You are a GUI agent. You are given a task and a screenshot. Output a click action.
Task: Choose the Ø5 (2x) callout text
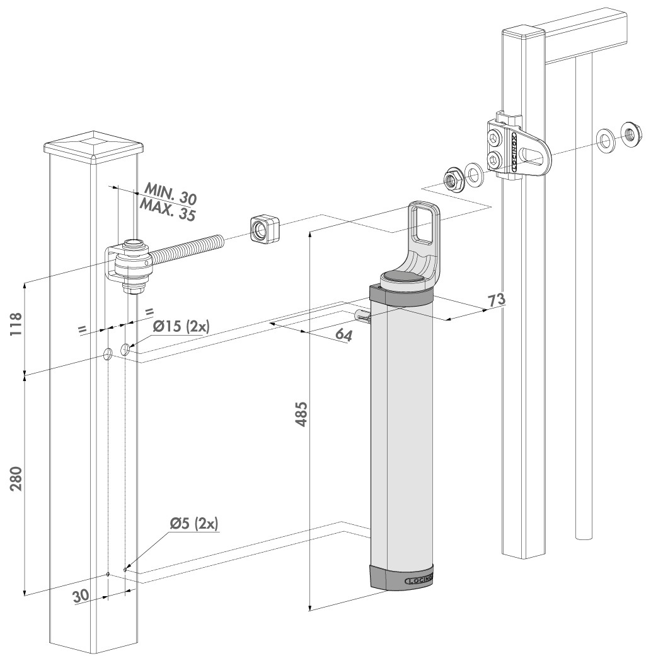click(193, 523)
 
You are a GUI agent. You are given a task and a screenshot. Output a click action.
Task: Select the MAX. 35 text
click(166, 208)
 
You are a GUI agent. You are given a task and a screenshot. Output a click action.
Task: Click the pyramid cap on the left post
click(93, 141)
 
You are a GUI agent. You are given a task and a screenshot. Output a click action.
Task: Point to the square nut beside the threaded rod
click(262, 228)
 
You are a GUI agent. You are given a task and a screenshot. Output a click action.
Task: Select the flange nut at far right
click(628, 133)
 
